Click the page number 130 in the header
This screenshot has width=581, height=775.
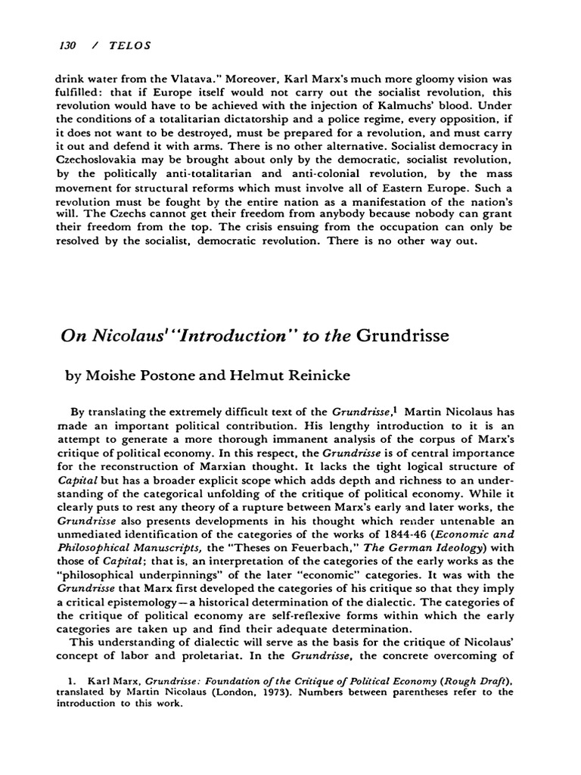click(67, 45)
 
